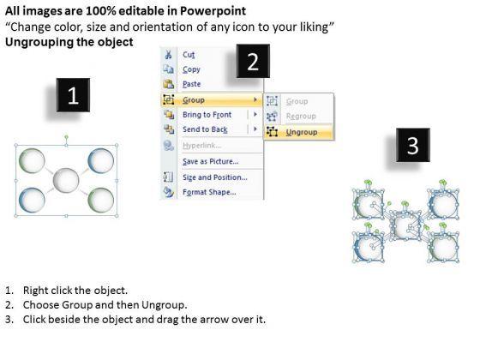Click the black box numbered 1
click(x=73, y=95)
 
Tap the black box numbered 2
click(x=253, y=61)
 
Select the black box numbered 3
click(x=413, y=145)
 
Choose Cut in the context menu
click(x=189, y=55)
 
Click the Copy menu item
click(x=191, y=69)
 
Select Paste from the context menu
click(x=192, y=84)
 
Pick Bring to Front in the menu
click(x=207, y=115)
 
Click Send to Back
click(x=205, y=129)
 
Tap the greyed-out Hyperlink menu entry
click(x=201, y=146)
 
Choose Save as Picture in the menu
click(x=211, y=161)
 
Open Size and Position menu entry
click(x=215, y=177)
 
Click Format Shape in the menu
click(x=209, y=192)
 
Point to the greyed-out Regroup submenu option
click(x=301, y=117)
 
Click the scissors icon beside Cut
click(x=168, y=55)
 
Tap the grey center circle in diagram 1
click(x=66, y=180)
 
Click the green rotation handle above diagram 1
click(x=67, y=137)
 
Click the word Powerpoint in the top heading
click(x=213, y=11)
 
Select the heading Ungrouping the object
click(x=69, y=42)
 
